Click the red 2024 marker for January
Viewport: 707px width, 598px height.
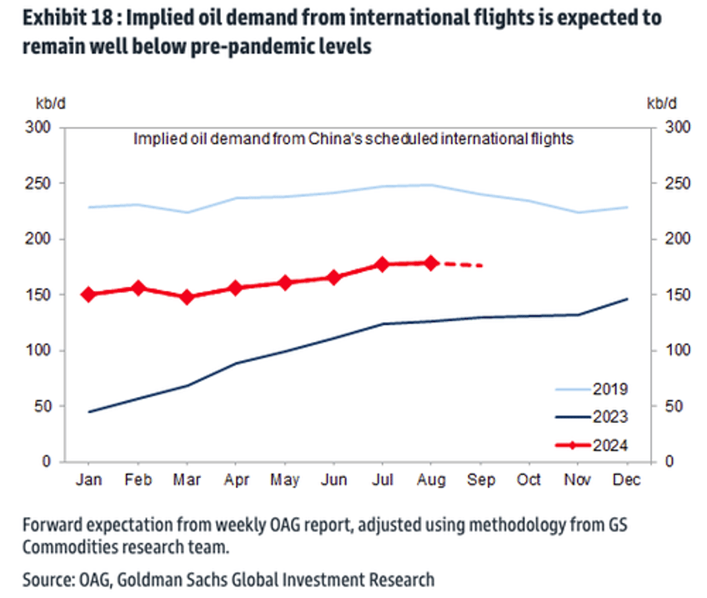(89, 294)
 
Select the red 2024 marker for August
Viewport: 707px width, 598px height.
(432, 263)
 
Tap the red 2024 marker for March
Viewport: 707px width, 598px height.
(187, 296)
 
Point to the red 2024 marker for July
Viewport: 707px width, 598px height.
(383, 264)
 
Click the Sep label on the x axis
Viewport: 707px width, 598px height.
(481, 480)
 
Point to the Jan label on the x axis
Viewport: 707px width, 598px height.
(89, 480)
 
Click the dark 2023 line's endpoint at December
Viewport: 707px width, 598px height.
(627, 299)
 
